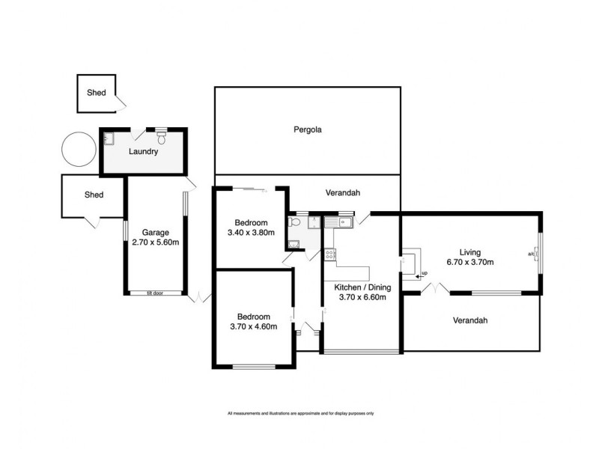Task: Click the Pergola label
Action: pyautogui.click(x=308, y=129)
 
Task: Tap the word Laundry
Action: pyautogui.click(x=143, y=152)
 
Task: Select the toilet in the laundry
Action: pyautogui.click(x=162, y=138)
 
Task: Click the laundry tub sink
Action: pyautogui.click(x=109, y=138)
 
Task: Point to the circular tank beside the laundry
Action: pyautogui.click(x=79, y=149)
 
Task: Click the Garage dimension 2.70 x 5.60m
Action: pyautogui.click(x=156, y=242)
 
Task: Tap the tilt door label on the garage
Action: pyautogui.click(x=155, y=293)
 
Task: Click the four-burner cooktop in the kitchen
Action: pyautogui.click(x=329, y=254)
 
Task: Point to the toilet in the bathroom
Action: pyautogui.click(x=294, y=222)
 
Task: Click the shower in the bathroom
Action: pyautogui.click(x=314, y=222)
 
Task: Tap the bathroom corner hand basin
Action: pyautogui.click(x=294, y=245)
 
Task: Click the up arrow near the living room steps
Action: pyautogui.click(x=420, y=275)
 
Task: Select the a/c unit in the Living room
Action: pyautogui.click(x=537, y=254)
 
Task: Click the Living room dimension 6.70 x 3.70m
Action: pyautogui.click(x=470, y=263)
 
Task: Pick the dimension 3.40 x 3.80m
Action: pyautogui.click(x=251, y=233)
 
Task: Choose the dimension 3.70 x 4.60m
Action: pyautogui.click(x=254, y=326)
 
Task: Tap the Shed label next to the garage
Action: pyautogui.click(x=94, y=195)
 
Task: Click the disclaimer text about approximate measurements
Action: pyautogui.click(x=301, y=414)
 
